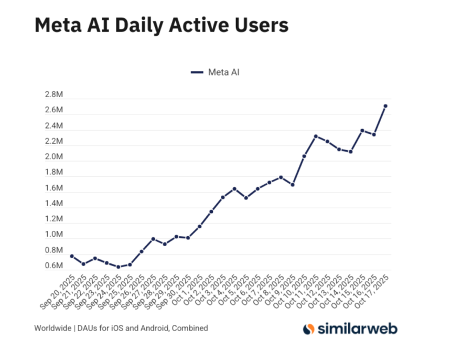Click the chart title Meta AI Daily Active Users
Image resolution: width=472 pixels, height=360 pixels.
[x=161, y=25]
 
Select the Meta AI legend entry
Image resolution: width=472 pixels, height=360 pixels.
[x=215, y=72]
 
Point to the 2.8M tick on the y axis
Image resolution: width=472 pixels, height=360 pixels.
[x=54, y=95]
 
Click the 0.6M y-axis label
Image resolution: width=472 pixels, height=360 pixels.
[x=54, y=266]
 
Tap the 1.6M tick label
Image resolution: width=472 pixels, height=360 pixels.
[x=54, y=188]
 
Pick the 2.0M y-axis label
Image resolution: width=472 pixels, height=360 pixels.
[x=54, y=157]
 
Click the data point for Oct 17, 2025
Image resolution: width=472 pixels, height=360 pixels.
[x=385, y=106]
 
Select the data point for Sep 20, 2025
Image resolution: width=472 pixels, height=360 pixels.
[x=71, y=256]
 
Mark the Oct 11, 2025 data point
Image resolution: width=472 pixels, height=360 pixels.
[x=316, y=136]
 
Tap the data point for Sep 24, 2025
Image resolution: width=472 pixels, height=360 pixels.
[x=118, y=267]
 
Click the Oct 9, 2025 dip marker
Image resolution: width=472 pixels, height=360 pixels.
[x=293, y=185]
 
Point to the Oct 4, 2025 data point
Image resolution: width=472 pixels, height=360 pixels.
[x=234, y=188]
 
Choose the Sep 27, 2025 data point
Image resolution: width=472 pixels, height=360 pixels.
[x=153, y=239]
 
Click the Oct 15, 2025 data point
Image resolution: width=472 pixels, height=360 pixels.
[x=362, y=130]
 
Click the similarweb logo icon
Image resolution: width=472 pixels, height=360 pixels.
[x=309, y=329]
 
